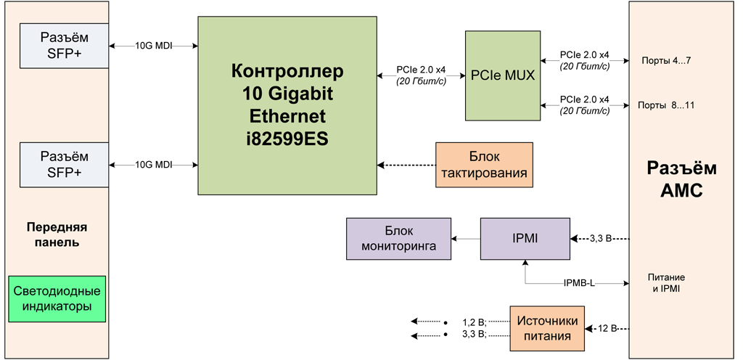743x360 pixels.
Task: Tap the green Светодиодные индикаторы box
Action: click(x=57, y=299)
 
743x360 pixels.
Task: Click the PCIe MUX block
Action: click(x=502, y=75)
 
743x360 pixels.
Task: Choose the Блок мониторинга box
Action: click(x=398, y=238)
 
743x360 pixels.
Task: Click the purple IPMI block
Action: click(x=525, y=238)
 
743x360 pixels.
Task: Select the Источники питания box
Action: click(x=548, y=328)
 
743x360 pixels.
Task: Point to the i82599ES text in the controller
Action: click(x=287, y=138)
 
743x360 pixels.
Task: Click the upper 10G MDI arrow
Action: click(x=154, y=46)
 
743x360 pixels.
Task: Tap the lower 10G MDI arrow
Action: click(x=154, y=165)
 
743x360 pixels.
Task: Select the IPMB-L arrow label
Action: click(x=579, y=282)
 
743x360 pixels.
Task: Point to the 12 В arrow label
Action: click(x=606, y=328)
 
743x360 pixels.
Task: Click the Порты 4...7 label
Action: click(x=666, y=60)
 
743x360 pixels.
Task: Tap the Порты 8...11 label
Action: click(x=666, y=105)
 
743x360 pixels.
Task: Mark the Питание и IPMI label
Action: click(x=666, y=283)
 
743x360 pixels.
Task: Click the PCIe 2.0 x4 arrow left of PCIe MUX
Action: click(x=425, y=75)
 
